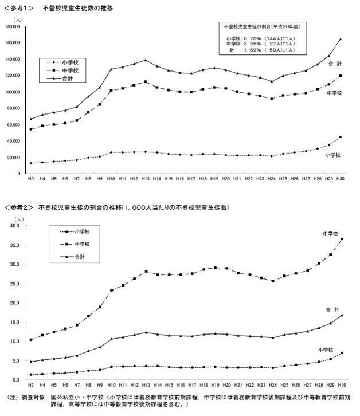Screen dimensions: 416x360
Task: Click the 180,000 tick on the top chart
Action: pyautogui.click(x=12, y=27)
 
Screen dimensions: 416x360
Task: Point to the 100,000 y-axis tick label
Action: pyautogui.click(x=12, y=92)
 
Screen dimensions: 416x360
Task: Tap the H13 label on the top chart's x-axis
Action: pyautogui.click(x=146, y=179)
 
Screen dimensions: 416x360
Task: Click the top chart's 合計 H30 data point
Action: pyautogui.click(x=341, y=39)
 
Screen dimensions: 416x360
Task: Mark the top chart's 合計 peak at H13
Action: pyautogui.click(x=146, y=60)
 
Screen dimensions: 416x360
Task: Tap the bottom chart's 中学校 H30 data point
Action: pyautogui.click(x=342, y=239)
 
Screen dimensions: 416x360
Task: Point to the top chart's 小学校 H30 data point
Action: pyautogui.click(x=341, y=137)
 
